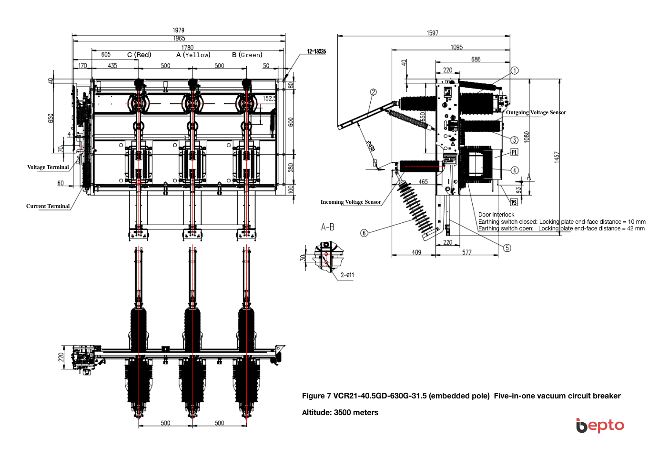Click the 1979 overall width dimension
[179, 30]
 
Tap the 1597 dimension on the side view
[432, 33]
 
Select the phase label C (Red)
[139, 55]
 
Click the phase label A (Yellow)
[193, 55]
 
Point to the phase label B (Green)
[247, 55]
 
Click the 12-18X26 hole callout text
[316, 51]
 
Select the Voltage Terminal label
[48, 167]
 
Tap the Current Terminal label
[48, 206]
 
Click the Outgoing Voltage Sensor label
[536, 112]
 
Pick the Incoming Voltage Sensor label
[351, 202]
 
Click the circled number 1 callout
[515, 70]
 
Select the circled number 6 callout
[364, 233]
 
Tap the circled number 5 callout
[507, 248]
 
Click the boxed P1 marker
[514, 152]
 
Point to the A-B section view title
[328, 227]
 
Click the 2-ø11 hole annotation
[347, 275]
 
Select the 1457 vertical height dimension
[557, 157]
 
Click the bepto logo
[600, 425]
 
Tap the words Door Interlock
[496, 215]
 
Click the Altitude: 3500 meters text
[340, 412]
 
